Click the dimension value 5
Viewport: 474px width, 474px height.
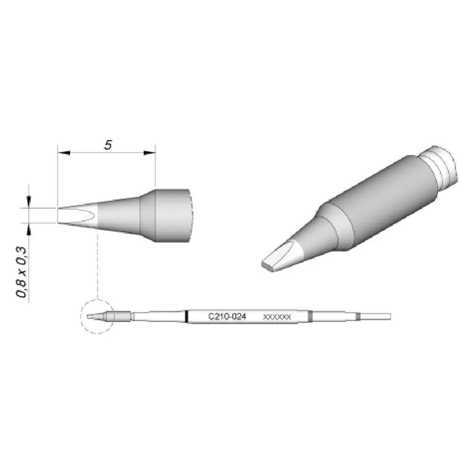tap(108, 145)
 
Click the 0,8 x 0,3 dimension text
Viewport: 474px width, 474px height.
tap(22, 273)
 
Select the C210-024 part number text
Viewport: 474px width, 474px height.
tap(227, 317)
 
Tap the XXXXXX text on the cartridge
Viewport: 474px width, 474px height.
tap(277, 317)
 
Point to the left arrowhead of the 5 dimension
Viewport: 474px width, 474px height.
tap(64, 153)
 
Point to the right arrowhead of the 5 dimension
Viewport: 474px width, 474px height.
tap(149, 153)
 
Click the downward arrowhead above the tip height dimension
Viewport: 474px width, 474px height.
tap(29, 202)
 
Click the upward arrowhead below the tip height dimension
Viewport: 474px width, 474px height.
tap(29, 229)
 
